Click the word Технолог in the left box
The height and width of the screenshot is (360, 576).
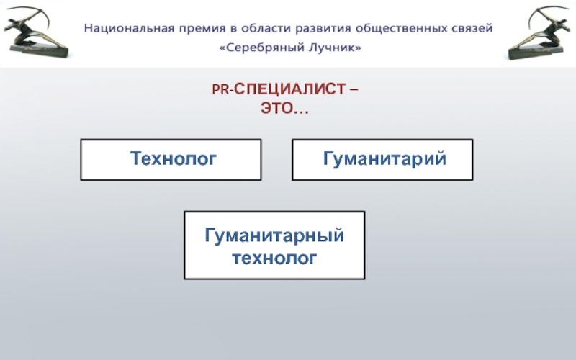pos(173,158)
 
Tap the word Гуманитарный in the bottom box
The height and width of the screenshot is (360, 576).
pos(274,235)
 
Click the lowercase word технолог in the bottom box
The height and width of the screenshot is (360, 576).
pos(274,256)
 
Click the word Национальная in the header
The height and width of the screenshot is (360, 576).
pos(120,30)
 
